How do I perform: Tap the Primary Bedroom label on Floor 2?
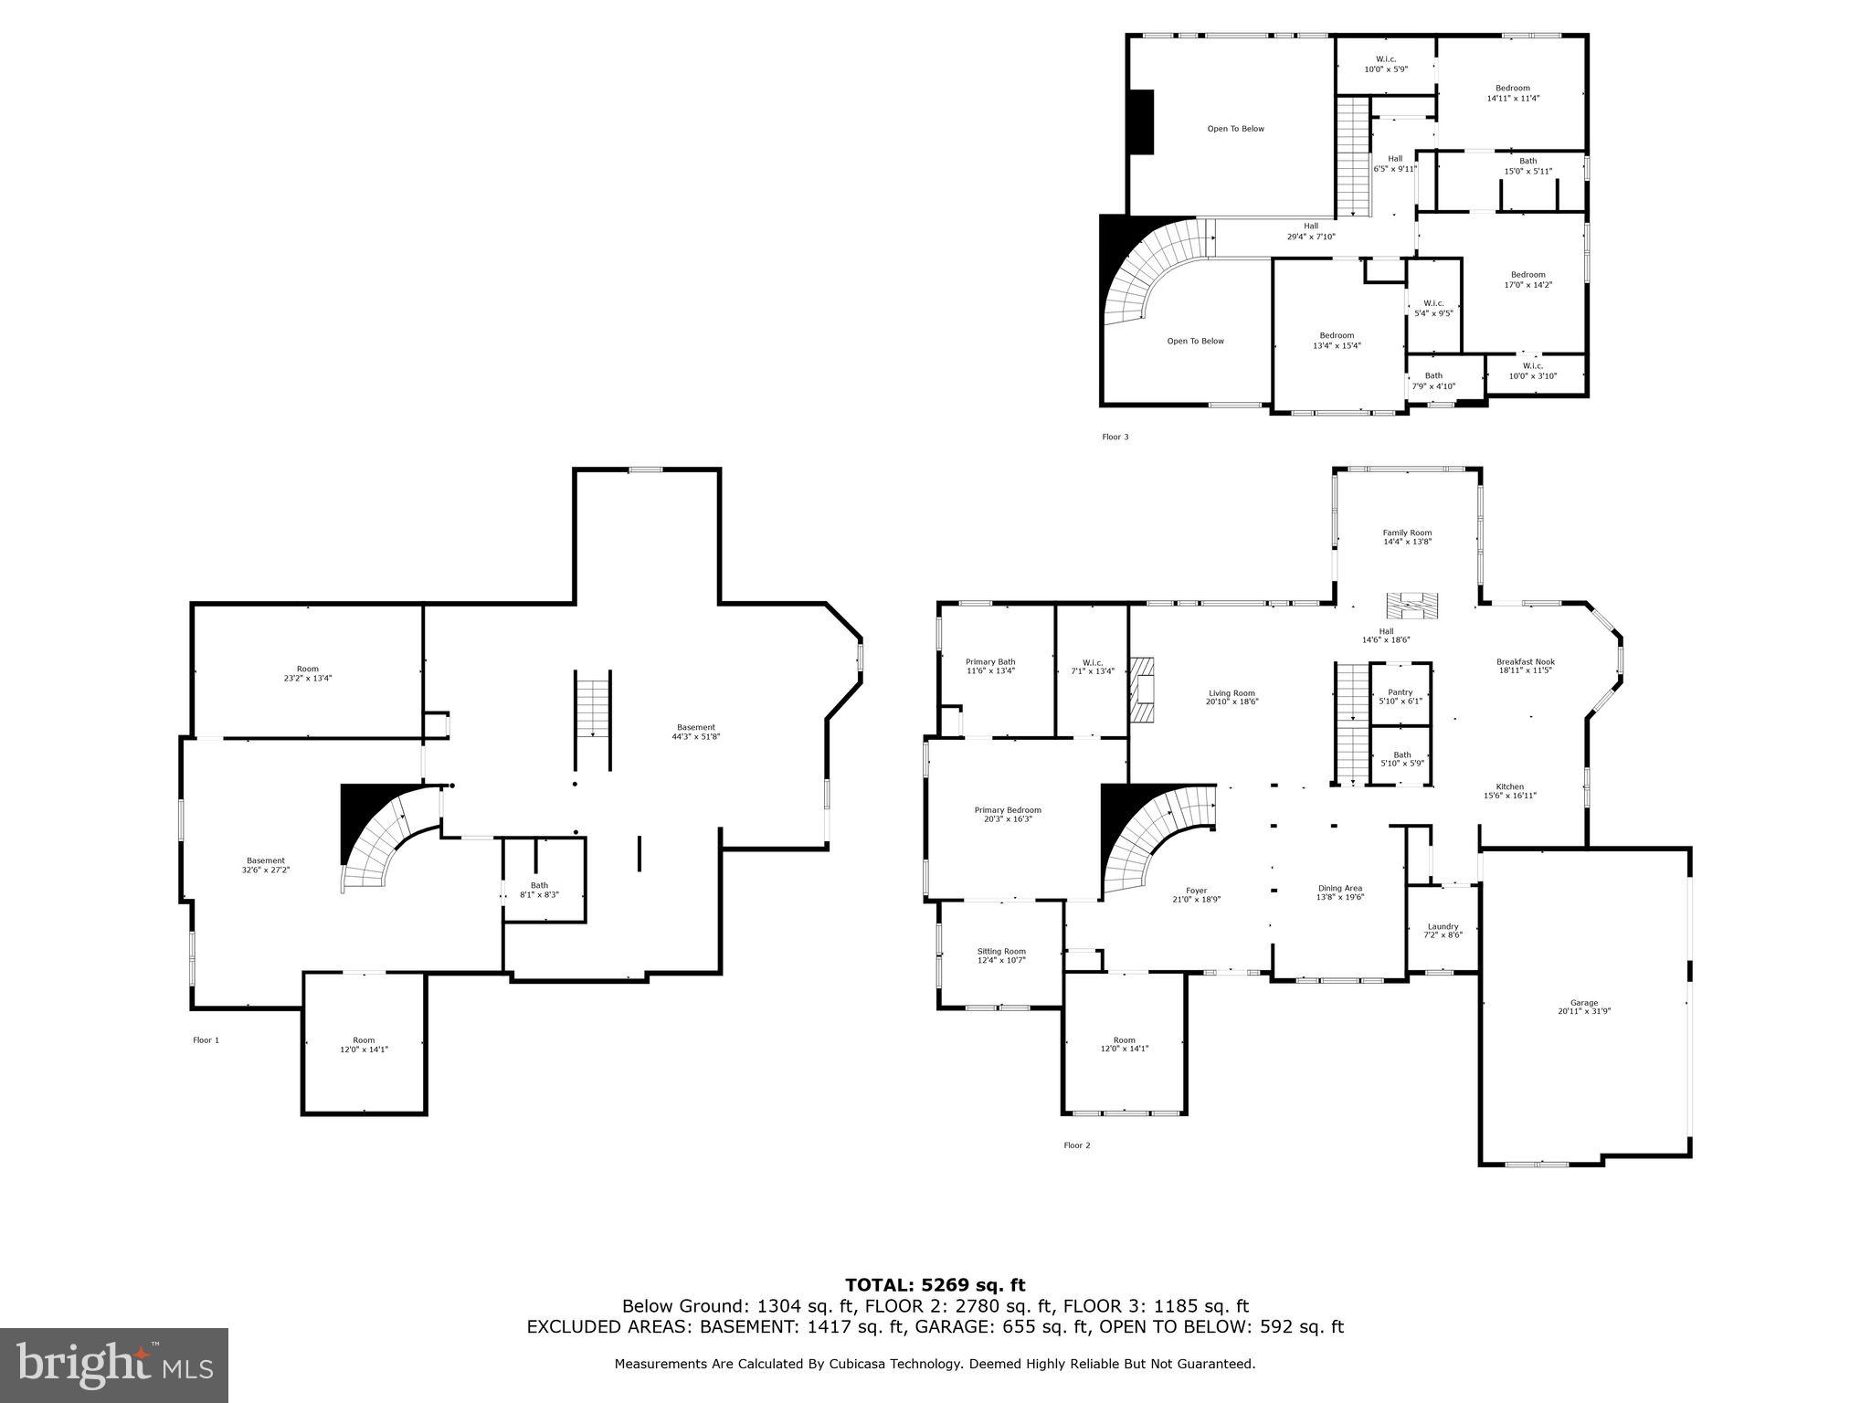(1007, 815)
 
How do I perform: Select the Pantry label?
(1400, 696)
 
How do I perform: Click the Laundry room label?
(1443, 930)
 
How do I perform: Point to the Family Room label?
(1407, 537)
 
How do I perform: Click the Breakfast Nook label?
(1525, 666)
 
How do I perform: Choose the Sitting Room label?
(1001, 955)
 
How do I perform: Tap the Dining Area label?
(1340, 892)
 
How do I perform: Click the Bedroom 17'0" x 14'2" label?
(1527, 280)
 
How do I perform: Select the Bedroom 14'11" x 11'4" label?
(1513, 93)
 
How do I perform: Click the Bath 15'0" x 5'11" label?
(1527, 165)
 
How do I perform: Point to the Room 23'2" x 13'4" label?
(308, 673)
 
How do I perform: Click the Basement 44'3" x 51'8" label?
(696, 732)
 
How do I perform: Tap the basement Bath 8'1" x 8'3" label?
(539, 890)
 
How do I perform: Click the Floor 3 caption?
(1115, 437)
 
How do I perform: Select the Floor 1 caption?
(206, 1039)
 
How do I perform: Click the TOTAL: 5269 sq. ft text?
(935, 1285)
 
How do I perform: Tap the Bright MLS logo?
(114, 1366)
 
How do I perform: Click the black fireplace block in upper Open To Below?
(1141, 122)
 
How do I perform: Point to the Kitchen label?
(1509, 791)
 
